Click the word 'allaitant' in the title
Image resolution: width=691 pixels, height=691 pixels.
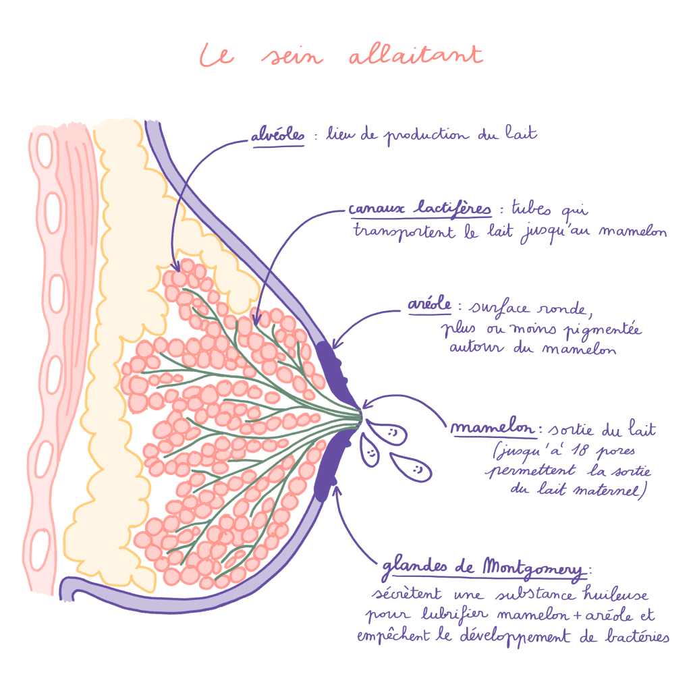(x=416, y=55)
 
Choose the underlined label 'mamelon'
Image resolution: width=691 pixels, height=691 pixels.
(x=495, y=429)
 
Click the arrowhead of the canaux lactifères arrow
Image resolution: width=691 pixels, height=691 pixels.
(x=256, y=314)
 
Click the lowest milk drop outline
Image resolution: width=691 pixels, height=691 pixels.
(x=408, y=465)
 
